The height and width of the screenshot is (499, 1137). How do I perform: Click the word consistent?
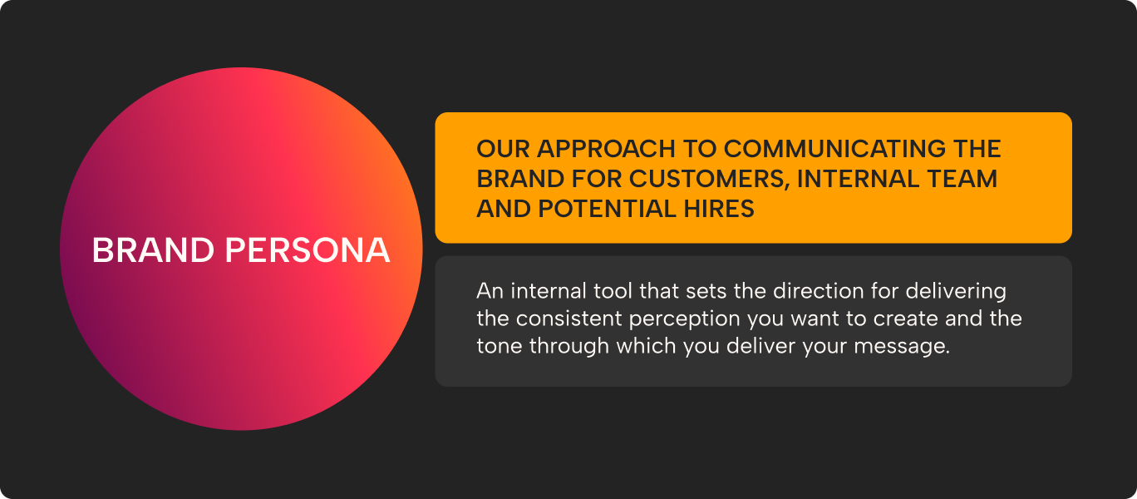(583, 319)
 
